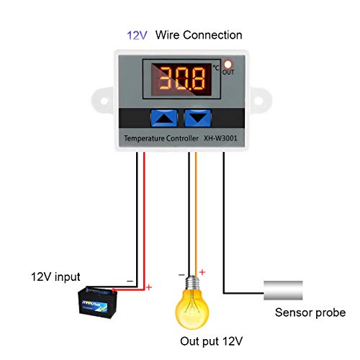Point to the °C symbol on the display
click(x=215, y=68)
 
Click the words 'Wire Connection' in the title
click(x=199, y=35)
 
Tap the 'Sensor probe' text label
click(x=310, y=312)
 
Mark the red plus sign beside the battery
click(x=149, y=287)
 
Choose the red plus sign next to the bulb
click(x=202, y=271)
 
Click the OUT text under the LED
click(x=229, y=72)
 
